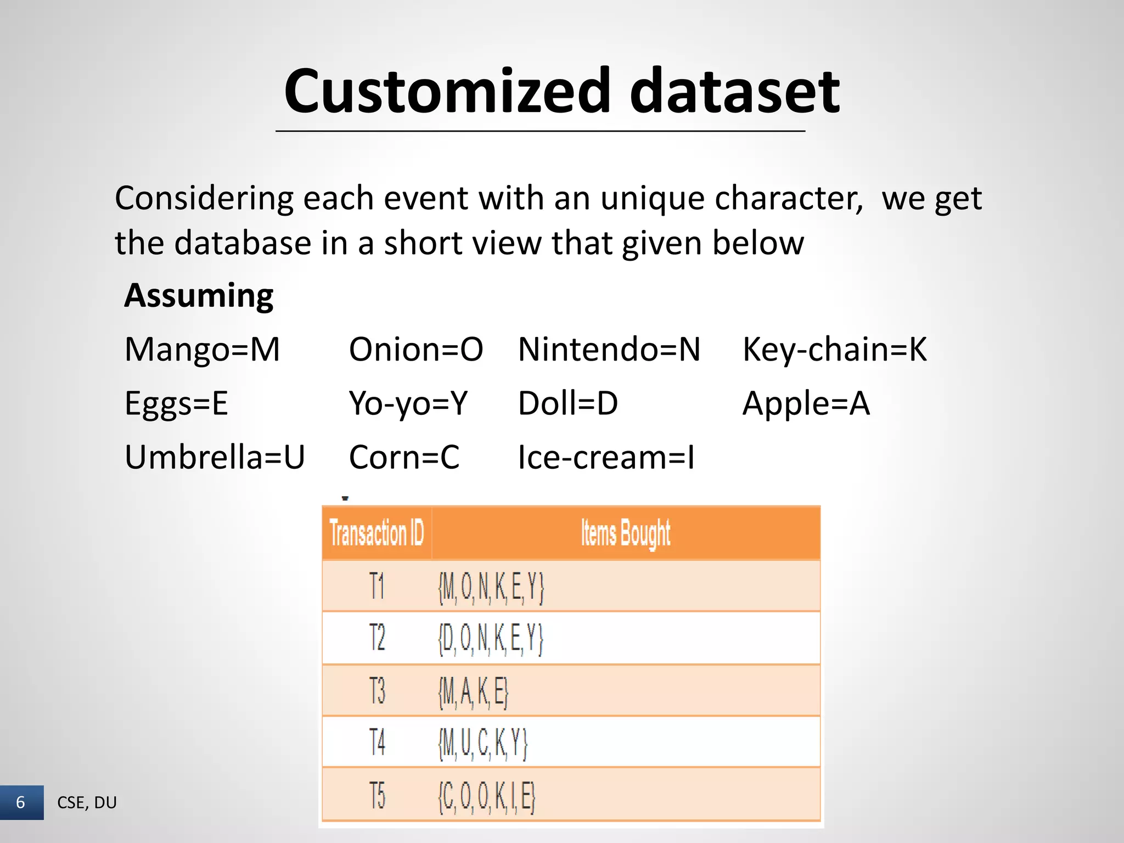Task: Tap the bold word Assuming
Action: tap(199, 296)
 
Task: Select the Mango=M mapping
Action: tap(202, 350)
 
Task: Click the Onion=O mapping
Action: tap(415, 350)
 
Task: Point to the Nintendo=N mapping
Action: tap(609, 350)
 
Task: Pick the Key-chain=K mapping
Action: tap(834, 350)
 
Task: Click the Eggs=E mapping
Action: tap(176, 403)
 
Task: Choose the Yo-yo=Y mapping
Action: tap(408, 403)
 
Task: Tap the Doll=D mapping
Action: tap(568, 403)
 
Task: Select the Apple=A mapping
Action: tap(806, 403)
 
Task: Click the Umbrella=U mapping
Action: tap(215, 457)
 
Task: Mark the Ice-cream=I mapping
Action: tap(606, 457)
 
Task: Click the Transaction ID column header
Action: tap(376, 533)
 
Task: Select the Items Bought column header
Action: tap(626, 533)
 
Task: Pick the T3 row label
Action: tap(377, 690)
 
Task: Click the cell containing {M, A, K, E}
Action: tap(473, 692)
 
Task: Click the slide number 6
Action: tap(21, 802)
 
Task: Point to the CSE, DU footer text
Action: tap(87, 802)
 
